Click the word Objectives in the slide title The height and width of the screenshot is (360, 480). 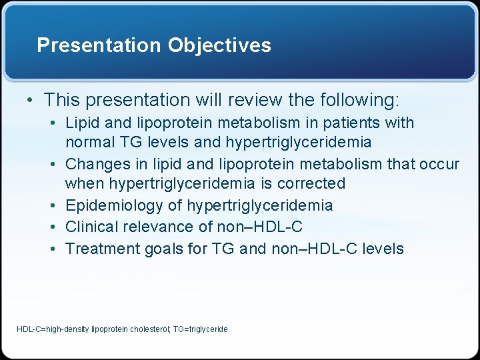tap(219, 45)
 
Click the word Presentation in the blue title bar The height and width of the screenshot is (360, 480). tap(99, 45)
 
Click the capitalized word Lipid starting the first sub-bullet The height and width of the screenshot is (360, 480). tap(81, 123)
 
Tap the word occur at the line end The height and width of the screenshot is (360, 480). tap(439, 163)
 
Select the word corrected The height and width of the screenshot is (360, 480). tap(314, 183)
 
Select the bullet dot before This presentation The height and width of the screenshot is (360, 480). tap(29, 100)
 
